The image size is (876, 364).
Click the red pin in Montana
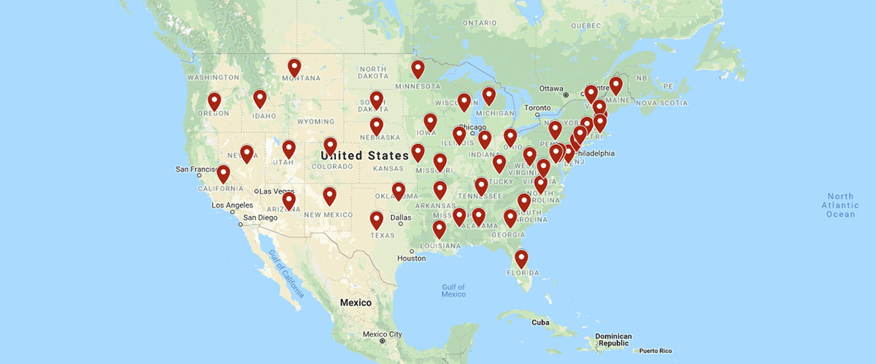click(294, 67)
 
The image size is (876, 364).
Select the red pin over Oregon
click(214, 101)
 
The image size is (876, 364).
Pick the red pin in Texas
click(376, 219)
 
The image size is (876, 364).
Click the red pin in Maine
click(615, 86)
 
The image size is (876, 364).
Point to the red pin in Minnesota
click(418, 69)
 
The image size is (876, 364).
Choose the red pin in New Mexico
click(329, 195)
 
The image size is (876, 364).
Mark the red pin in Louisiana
click(439, 230)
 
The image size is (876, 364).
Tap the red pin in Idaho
click(260, 98)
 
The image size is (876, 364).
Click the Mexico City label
click(385, 335)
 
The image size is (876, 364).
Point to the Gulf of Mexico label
click(453, 290)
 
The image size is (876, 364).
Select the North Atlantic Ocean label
click(840, 205)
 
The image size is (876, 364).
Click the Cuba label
click(540, 322)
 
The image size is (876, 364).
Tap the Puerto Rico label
click(655, 351)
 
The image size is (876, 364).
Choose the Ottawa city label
click(551, 88)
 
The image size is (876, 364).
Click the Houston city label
click(411, 259)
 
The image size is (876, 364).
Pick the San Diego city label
click(260, 218)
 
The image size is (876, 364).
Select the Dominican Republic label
click(612, 340)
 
